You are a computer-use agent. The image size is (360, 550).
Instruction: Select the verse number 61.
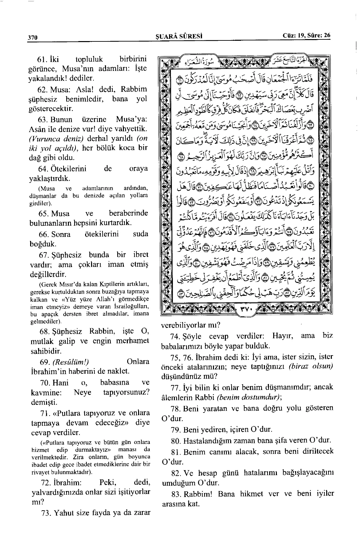(x=43, y=60)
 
